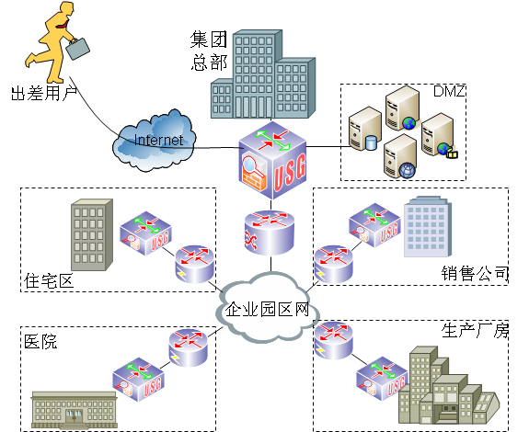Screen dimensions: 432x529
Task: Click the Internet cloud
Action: pos(156,140)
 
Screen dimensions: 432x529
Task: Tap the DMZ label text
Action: pos(448,92)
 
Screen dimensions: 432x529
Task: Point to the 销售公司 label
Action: pos(475,273)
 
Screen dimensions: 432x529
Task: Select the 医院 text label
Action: pos(40,342)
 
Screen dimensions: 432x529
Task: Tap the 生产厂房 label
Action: pos(475,330)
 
